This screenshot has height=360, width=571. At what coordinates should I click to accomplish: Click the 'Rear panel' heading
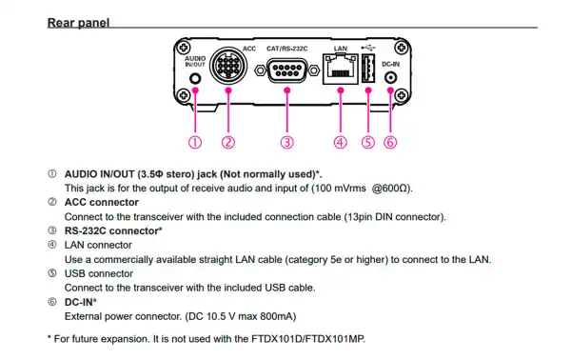(x=82, y=19)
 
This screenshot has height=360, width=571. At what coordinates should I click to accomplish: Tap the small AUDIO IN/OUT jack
(x=195, y=80)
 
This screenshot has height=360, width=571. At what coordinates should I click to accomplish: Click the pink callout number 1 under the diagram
(x=194, y=142)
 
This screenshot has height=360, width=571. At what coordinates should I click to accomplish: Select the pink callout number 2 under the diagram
(x=227, y=142)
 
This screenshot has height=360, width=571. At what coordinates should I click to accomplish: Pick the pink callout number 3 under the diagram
(x=285, y=142)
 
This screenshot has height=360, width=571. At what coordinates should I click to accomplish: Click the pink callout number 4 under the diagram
(x=340, y=142)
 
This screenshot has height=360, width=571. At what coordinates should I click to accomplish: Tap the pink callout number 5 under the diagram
(x=368, y=142)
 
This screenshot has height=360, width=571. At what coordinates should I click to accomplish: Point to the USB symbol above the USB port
(x=368, y=47)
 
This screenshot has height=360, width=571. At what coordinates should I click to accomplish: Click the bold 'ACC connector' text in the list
(x=101, y=203)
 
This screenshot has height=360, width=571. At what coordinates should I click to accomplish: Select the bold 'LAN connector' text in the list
(x=97, y=245)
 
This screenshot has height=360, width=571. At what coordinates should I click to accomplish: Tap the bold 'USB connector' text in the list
(x=97, y=273)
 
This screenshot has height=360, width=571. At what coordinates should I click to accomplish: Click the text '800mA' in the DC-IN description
(x=269, y=315)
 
